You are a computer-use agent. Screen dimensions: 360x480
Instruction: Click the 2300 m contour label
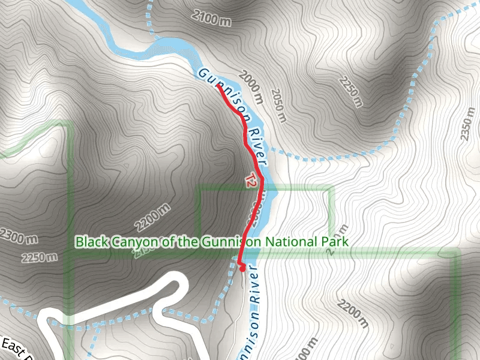[18, 238]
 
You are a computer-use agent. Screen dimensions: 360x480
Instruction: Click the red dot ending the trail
[242, 269]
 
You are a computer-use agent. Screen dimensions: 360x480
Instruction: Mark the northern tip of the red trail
[218, 86]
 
